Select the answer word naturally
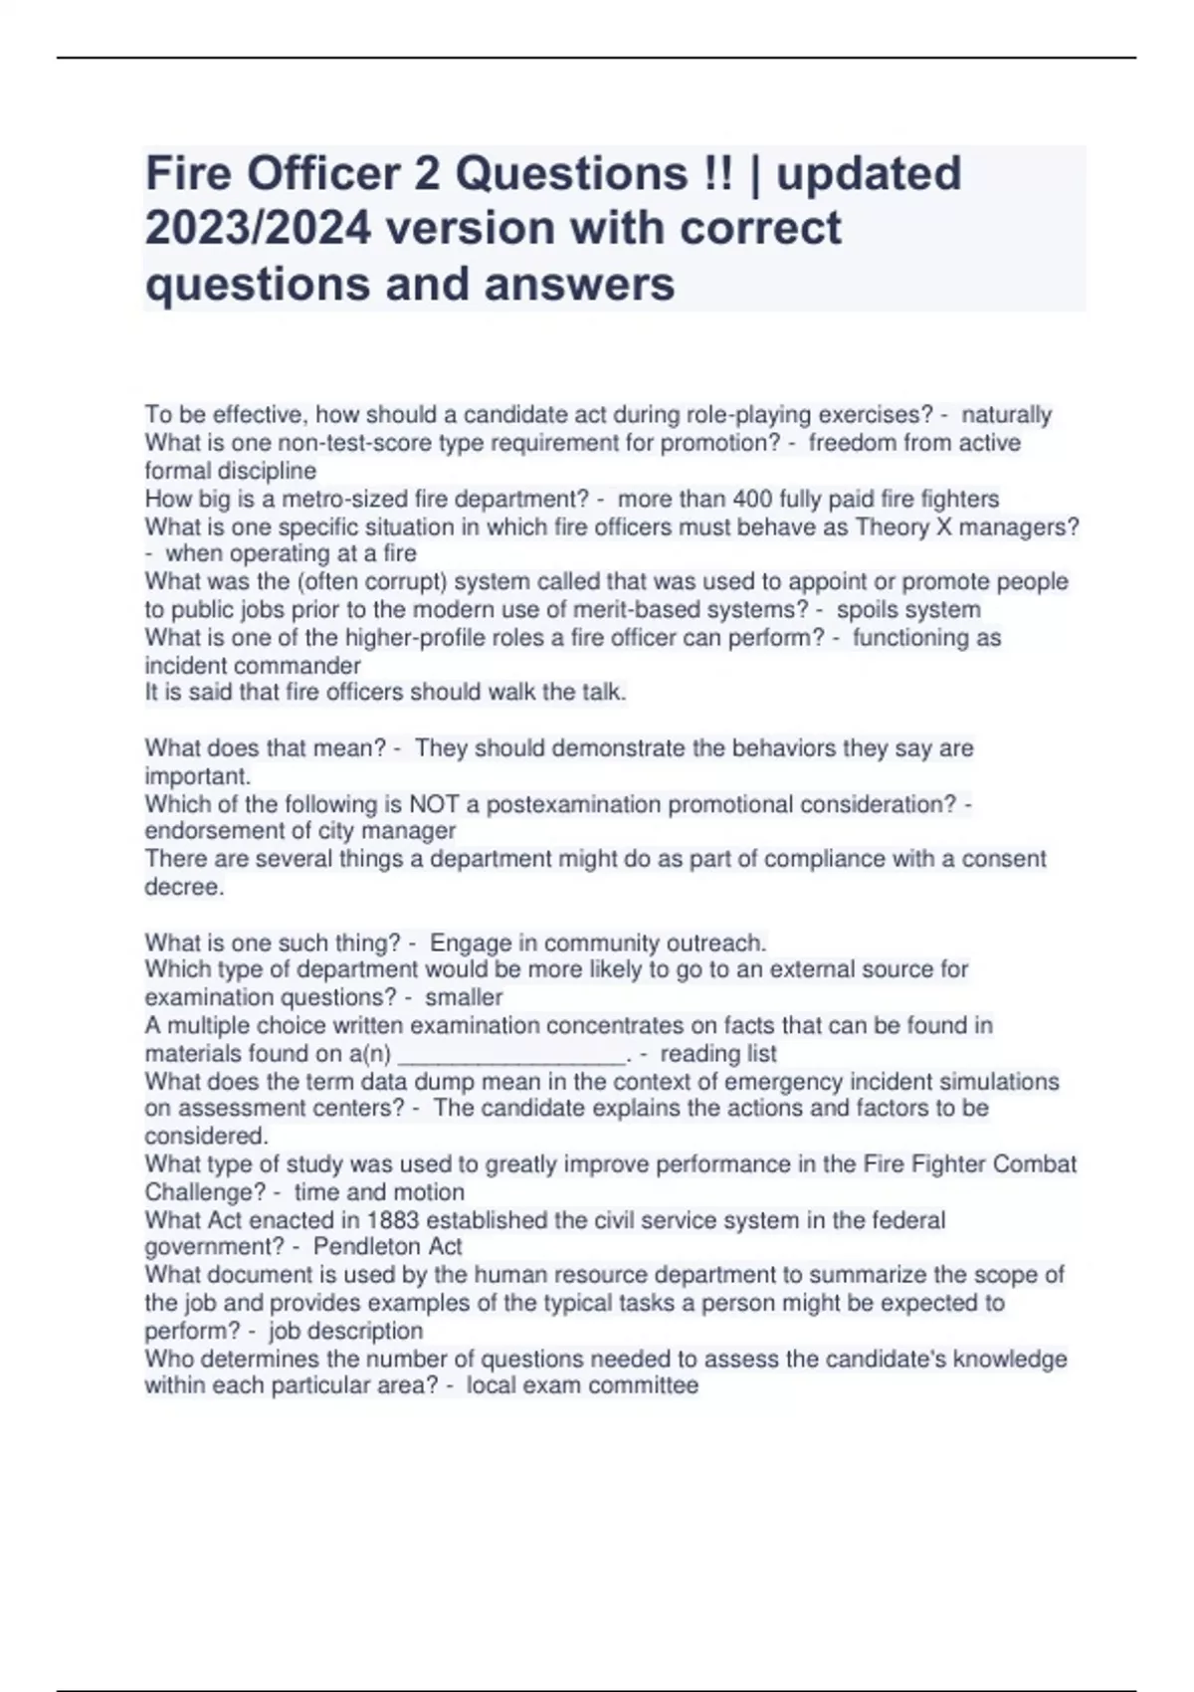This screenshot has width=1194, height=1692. coord(1006,415)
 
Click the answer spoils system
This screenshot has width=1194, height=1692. coord(908,609)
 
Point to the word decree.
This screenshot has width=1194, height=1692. coord(183,887)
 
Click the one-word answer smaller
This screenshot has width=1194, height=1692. coord(464,997)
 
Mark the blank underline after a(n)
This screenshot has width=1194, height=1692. coord(510,1055)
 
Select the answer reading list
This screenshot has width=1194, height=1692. coord(718,1053)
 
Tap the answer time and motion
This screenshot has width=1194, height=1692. coord(379,1192)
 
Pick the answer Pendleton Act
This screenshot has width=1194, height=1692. coord(387,1247)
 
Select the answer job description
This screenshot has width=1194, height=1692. coord(345,1331)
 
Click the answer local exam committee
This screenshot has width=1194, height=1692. coord(582,1385)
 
